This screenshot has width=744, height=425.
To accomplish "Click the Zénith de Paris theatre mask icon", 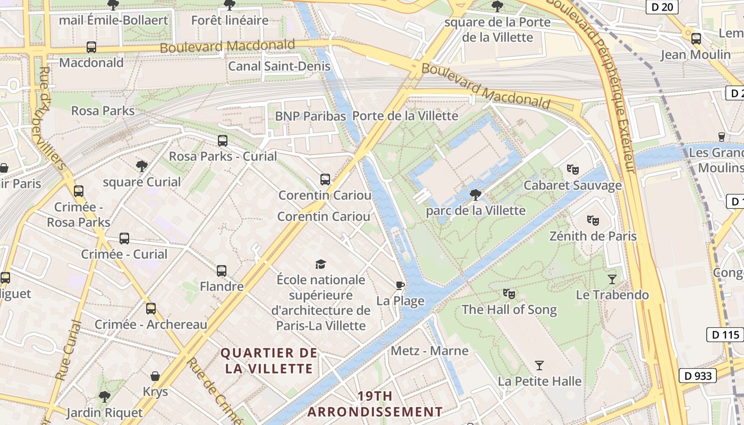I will click(x=593, y=220).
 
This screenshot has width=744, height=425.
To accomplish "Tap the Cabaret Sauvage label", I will click(x=572, y=185).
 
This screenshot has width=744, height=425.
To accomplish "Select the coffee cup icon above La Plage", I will click(x=400, y=285).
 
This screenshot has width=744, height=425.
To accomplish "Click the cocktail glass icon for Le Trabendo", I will click(x=612, y=279).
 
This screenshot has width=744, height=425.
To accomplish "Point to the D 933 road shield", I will click(x=697, y=376).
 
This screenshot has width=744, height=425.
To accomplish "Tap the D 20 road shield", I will click(x=662, y=7).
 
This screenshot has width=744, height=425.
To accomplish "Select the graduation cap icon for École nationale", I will click(x=320, y=264).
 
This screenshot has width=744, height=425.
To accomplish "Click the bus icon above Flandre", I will click(x=222, y=271).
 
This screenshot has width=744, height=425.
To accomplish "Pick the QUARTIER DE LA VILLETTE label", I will click(x=269, y=361).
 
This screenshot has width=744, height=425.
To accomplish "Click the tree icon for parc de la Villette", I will click(x=476, y=194).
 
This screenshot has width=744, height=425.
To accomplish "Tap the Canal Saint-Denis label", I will click(x=279, y=66).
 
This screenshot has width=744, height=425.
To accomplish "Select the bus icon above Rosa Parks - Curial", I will click(x=223, y=141).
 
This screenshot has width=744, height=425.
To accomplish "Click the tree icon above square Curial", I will click(x=142, y=166).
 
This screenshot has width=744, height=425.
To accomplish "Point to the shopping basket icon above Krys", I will click(x=155, y=376).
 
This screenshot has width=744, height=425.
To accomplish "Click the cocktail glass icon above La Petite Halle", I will click(x=539, y=365).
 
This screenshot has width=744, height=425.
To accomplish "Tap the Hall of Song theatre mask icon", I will click(x=509, y=293).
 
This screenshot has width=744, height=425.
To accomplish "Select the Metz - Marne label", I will click(x=429, y=351).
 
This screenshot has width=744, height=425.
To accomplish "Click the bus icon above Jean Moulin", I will click(x=696, y=38).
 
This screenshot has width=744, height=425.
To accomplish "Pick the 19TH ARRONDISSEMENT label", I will click(x=375, y=404).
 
